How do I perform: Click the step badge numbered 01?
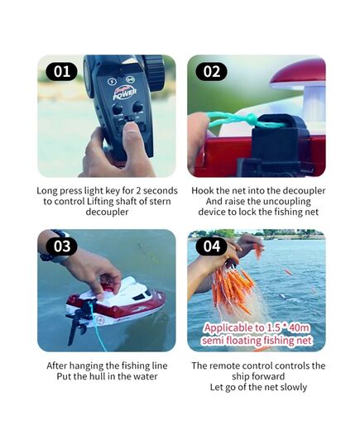click(x=61, y=71)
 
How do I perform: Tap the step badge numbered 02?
click(x=211, y=71)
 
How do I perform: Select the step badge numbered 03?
click(x=61, y=246)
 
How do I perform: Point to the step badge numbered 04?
click(x=211, y=246)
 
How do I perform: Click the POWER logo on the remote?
click(x=125, y=93)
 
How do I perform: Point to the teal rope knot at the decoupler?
click(x=252, y=118)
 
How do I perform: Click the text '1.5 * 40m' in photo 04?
click(x=288, y=328)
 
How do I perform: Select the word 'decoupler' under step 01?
click(x=107, y=212)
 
